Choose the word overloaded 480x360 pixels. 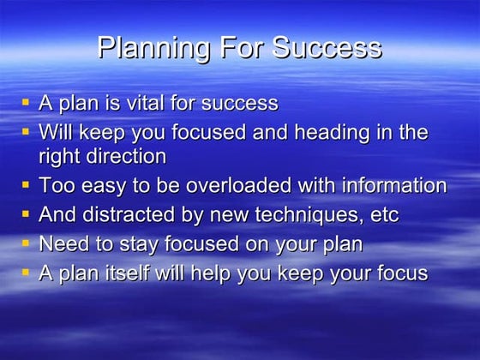(x=238, y=186)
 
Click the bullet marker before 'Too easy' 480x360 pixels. (x=26, y=184)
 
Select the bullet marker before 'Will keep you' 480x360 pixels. (x=26, y=131)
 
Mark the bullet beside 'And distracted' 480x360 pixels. (x=26, y=213)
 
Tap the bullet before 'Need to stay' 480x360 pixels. (x=26, y=243)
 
